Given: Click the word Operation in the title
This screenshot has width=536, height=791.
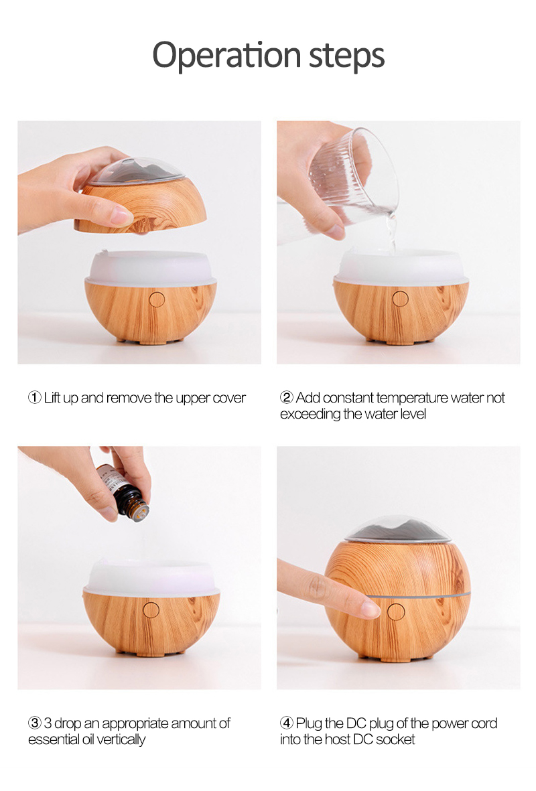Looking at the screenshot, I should click(x=226, y=55).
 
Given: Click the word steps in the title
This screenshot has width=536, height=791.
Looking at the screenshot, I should click(x=346, y=55).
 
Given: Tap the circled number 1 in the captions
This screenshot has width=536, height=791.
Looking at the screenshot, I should click(x=35, y=398).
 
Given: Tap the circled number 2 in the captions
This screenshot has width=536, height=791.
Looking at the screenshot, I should click(x=287, y=398).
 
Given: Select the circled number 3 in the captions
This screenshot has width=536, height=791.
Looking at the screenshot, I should click(x=35, y=723).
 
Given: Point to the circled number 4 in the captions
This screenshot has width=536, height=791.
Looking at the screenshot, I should click(x=287, y=723).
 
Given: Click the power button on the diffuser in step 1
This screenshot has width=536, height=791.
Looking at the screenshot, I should click(x=157, y=299).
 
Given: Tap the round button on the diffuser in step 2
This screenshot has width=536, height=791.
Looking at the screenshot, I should click(x=401, y=299).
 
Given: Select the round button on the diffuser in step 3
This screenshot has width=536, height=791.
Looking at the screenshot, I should click(x=151, y=609).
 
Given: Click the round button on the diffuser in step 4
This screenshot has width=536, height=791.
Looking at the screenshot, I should click(x=396, y=612).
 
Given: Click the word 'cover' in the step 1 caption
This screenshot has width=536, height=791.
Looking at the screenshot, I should click(x=229, y=398).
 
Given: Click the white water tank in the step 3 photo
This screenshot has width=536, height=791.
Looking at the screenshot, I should click(x=151, y=578).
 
